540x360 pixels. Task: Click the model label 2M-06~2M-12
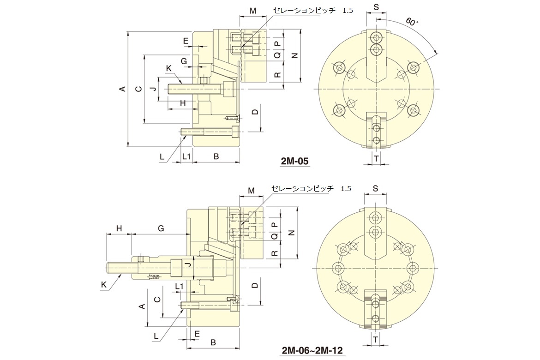click(312, 350)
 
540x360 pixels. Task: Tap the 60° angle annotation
click(412, 22)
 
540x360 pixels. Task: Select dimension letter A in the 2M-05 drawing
click(122, 89)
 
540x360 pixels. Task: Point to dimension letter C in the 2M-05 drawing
click(138, 89)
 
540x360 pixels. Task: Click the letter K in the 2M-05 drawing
click(168, 68)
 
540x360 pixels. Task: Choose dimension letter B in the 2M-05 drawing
click(216, 156)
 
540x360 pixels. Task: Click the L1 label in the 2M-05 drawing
click(186, 156)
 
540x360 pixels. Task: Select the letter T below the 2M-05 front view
click(376, 158)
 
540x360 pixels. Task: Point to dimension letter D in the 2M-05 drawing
click(255, 112)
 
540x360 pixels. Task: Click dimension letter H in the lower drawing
click(119, 228)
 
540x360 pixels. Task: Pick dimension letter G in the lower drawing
click(161, 228)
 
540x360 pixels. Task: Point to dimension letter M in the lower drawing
click(252, 190)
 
